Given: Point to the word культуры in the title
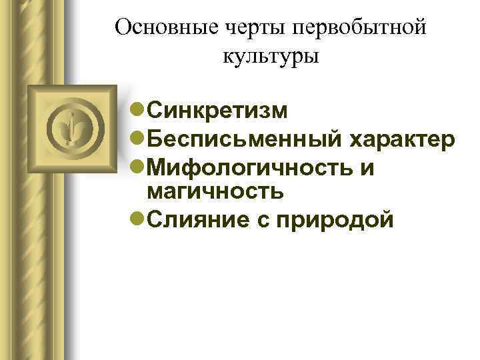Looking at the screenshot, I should pyautogui.click(x=271, y=56).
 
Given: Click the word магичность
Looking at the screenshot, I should pyautogui.click(x=215, y=191).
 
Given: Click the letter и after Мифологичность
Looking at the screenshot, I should pyautogui.click(x=367, y=168).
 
